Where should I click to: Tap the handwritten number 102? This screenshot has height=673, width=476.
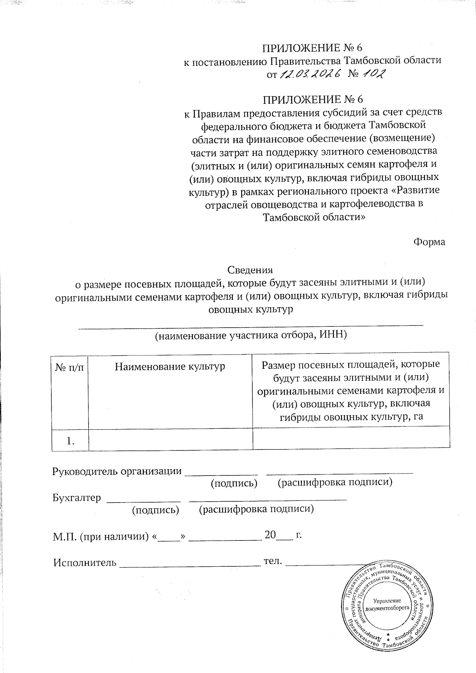coord(373,74)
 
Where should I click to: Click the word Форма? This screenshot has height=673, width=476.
coord(429,242)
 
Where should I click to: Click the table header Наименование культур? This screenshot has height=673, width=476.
coord(170,366)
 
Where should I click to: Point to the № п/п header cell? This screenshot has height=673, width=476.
coord(70,367)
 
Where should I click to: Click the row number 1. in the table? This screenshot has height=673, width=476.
coord(71,441)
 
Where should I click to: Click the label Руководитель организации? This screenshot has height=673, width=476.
coord(117,471)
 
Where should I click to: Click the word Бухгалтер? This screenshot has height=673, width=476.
coord(77,498)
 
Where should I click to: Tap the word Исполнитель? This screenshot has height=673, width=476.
coord(85,562)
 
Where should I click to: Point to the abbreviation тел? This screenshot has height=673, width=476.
coord(273,561)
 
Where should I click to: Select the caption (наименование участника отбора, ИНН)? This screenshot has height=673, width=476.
coord(251,336)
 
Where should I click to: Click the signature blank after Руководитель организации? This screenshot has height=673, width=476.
coord(222,472)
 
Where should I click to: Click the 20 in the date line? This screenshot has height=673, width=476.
coord(270,535)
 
